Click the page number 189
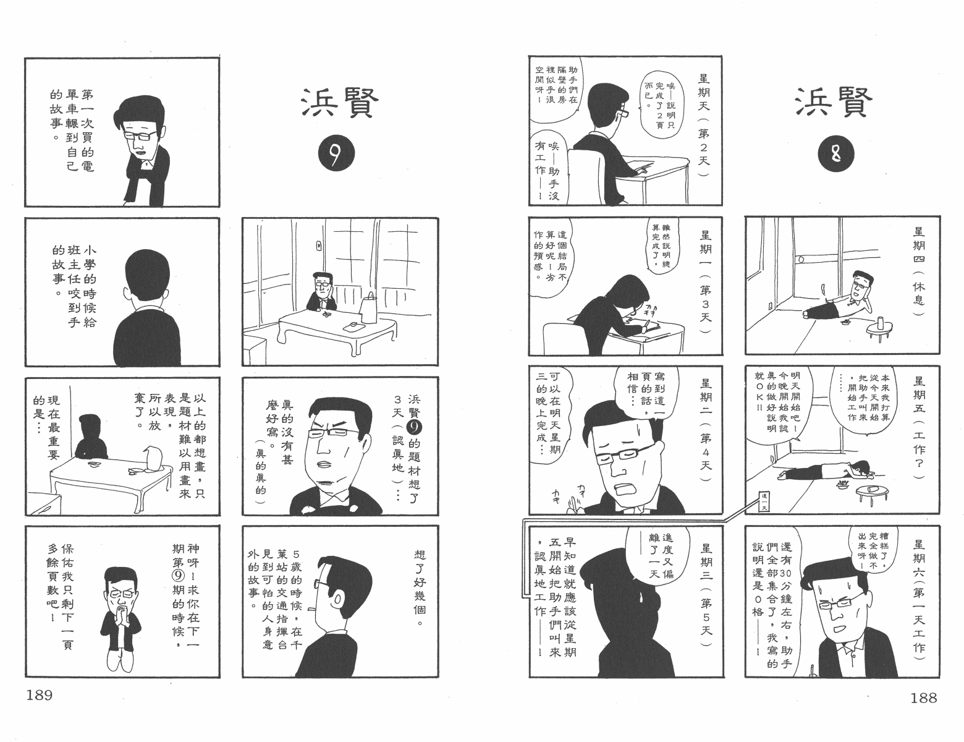[40, 695]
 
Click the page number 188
[924, 698]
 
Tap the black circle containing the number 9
[336, 153]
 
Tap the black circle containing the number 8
[836, 154]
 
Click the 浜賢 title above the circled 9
[340, 103]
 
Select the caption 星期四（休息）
[919, 271]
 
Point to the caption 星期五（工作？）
[919, 427]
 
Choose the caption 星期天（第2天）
[704, 125]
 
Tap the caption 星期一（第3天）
[705, 281]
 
